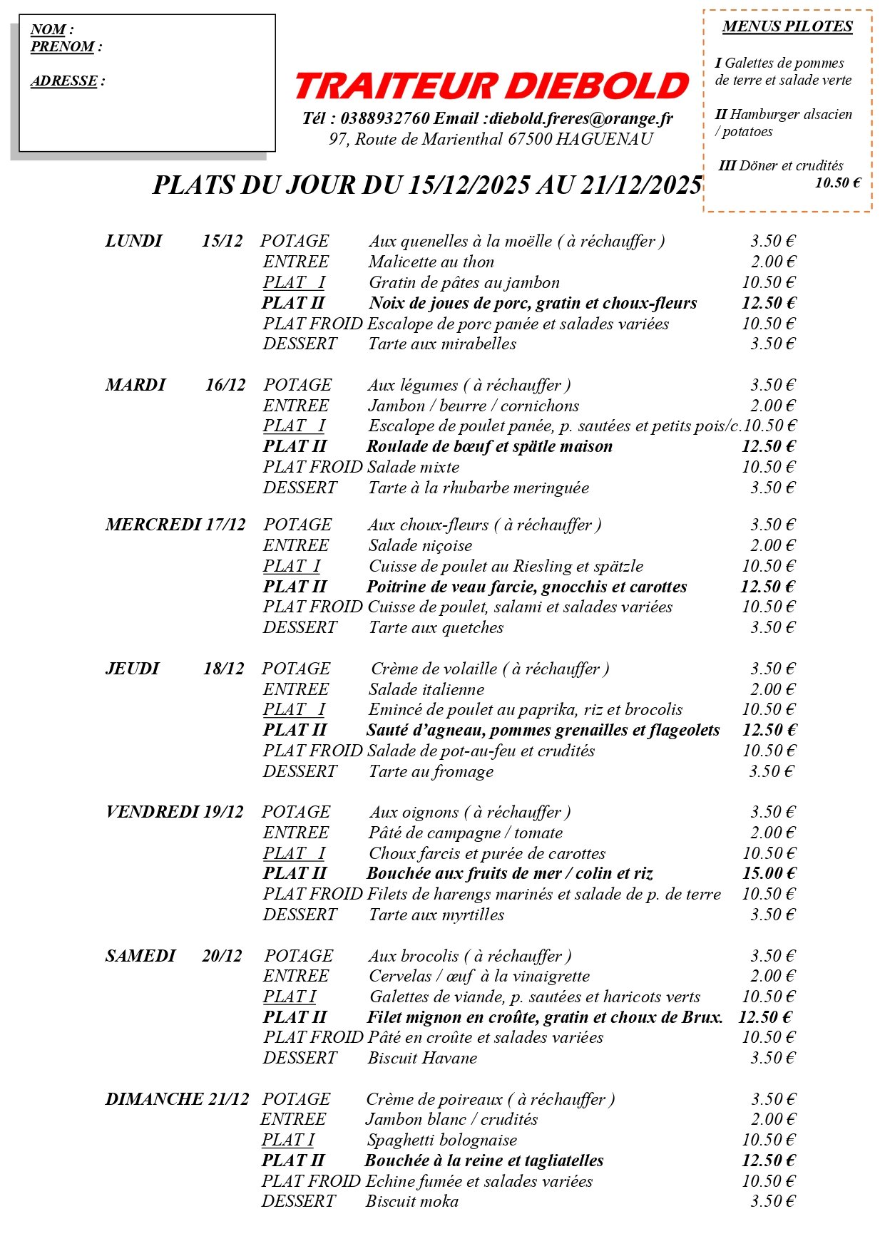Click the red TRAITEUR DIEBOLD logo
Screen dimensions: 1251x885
[491, 86]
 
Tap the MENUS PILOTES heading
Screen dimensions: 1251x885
[787, 27]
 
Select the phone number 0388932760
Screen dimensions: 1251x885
[385, 118]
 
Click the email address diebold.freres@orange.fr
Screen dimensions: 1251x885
[581, 118]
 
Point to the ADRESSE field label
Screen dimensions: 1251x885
[64, 81]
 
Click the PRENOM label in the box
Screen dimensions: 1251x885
[63, 47]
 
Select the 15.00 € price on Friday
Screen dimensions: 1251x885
[769, 873]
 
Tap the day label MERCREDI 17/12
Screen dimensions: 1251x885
[175, 525]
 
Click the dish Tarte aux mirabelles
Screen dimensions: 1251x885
[442, 344]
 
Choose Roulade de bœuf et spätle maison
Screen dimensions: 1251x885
[489, 447]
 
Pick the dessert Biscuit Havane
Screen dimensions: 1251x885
[422, 1058]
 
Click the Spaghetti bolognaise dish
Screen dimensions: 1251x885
[441, 1140]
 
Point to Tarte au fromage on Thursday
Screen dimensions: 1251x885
[431, 771]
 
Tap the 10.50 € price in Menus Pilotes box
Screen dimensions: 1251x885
[837, 183]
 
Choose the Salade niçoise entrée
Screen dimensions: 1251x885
[420, 546]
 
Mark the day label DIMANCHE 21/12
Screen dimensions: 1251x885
[178, 1099]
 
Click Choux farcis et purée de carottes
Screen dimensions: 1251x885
[487, 853]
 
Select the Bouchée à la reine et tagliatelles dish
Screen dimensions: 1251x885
[484, 1160]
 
